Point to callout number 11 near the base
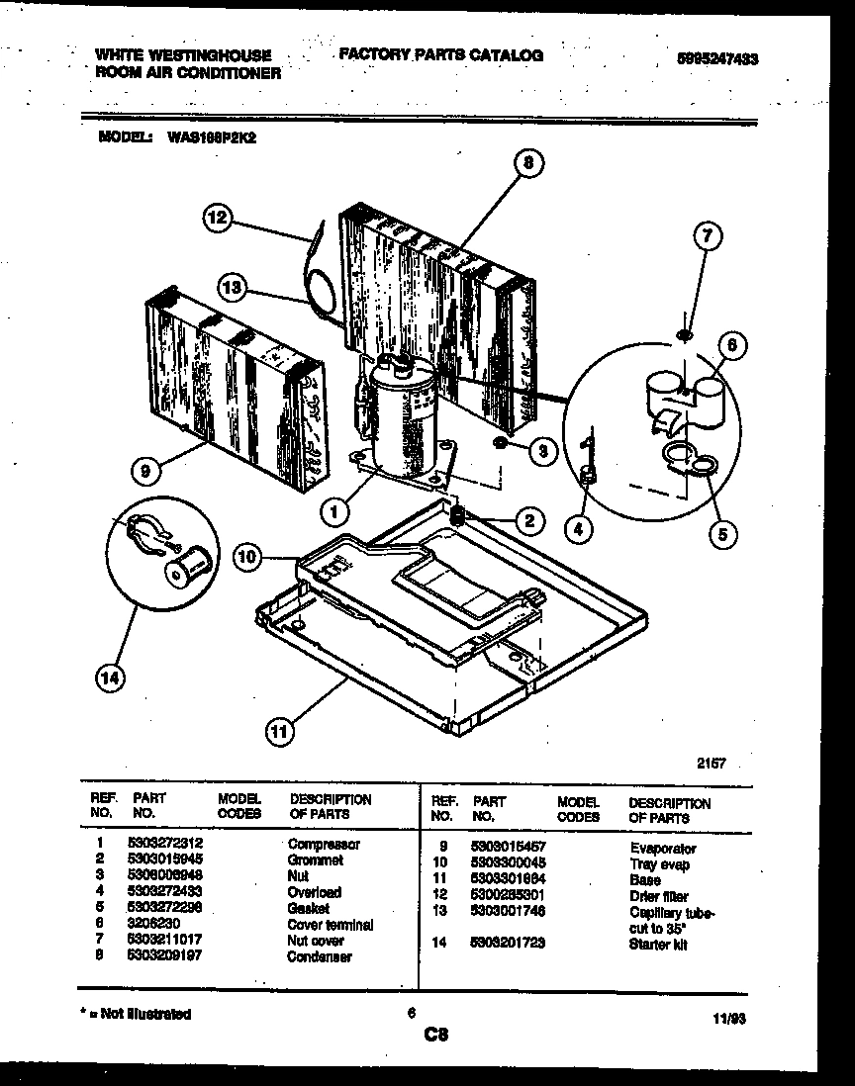click(x=281, y=732)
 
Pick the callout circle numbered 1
click(x=334, y=511)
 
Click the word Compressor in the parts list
click(x=324, y=845)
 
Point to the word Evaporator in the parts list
click(x=662, y=849)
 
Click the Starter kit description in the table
click(x=658, y=945)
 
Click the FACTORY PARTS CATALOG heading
click(x=440, y=55)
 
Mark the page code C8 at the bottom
click(x=436, y=1036)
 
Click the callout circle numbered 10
click(x=247, y=558)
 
